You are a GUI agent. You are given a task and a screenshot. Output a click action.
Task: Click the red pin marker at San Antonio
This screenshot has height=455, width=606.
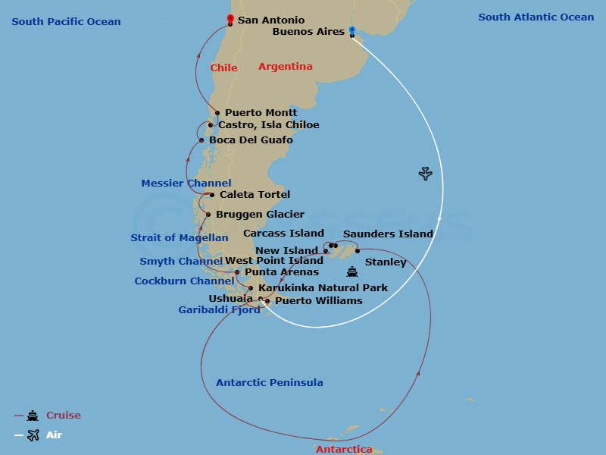230,19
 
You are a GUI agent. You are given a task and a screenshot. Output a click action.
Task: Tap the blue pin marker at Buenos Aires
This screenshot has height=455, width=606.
352,30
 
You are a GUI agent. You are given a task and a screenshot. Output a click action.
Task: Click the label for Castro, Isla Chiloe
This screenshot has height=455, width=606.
268,125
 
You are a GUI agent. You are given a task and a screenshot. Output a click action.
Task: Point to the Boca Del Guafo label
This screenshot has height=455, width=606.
251,140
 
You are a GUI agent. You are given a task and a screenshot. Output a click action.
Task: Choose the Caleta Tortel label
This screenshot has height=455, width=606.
255,195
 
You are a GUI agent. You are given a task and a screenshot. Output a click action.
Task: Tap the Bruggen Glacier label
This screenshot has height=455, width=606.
260,215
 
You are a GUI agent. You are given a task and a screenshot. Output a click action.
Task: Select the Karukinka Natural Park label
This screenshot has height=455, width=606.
323,288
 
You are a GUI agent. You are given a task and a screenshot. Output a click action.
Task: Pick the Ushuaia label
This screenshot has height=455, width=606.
230,299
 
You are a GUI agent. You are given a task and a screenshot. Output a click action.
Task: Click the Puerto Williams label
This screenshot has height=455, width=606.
318,301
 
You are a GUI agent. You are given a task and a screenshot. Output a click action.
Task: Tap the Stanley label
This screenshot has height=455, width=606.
386,262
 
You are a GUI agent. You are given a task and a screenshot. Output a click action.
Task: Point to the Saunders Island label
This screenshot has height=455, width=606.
388,234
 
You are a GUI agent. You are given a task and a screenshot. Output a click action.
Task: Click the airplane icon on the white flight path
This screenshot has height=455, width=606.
426,174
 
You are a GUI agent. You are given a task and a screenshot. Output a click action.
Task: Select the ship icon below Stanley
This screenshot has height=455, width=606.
351,272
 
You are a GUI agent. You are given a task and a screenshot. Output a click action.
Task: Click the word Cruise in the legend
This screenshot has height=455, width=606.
64,416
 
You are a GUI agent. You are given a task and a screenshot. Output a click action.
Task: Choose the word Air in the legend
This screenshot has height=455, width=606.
55,435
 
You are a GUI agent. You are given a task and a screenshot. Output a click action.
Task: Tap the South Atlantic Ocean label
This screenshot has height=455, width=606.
536,17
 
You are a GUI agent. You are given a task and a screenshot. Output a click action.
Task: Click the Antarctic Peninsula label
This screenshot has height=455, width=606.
270,383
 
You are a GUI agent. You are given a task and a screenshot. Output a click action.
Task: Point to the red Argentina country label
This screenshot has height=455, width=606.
285,67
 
